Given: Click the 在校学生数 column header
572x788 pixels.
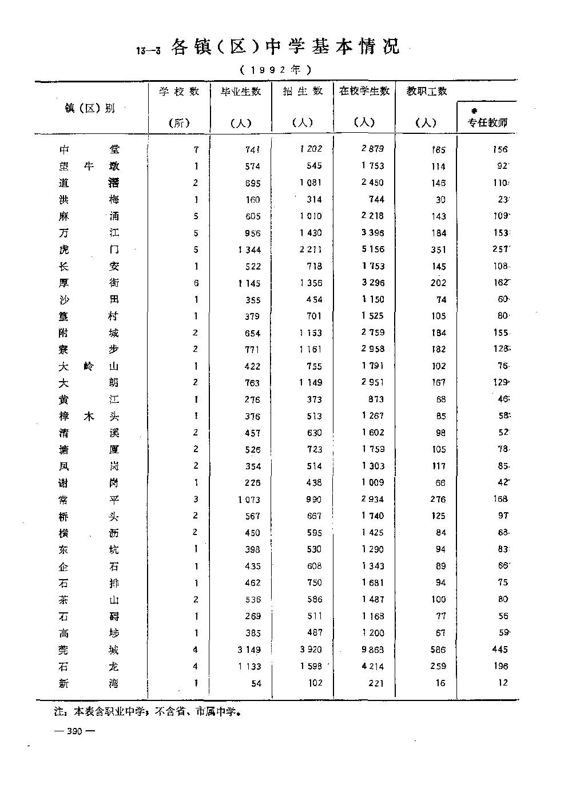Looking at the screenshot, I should (x=364, y=91).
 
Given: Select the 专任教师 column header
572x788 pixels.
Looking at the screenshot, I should (x=487, y=122).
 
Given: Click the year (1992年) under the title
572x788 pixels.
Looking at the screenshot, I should (x=275, y=70).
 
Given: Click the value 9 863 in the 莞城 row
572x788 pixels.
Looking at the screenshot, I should (x=372, y=650).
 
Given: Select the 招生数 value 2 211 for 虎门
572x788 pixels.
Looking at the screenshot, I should (x=311, y=250).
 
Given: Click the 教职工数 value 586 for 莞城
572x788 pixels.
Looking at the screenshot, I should (x=438, y=650).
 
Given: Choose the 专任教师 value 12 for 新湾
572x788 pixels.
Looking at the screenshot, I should (x=502, y=683).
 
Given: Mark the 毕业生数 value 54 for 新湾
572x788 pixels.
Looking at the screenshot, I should (x=256, y=683).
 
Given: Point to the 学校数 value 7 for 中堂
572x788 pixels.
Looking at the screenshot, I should (x=196, y=150).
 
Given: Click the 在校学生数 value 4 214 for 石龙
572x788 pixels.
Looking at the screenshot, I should (x=372, y=666).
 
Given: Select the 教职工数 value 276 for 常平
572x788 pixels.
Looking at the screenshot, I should (x=438, y=500).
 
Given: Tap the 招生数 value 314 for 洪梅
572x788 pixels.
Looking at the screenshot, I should (x=313, y=200).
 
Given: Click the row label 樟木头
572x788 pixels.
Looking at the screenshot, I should (x=89, y=417).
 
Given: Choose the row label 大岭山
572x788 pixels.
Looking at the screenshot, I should (x=89, y=367).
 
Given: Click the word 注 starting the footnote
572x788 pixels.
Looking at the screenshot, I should (x=58, y=713).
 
